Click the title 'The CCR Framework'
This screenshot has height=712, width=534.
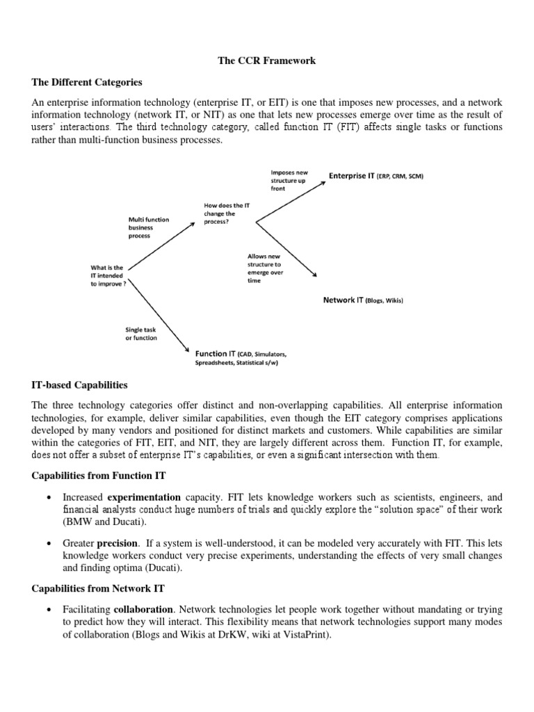click(x=267, y=60)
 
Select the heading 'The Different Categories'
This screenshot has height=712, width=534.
click(x=87, y=83)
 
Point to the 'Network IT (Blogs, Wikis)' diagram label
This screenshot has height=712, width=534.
click(x=363, y=300)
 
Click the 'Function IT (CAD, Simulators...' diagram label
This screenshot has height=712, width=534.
click(x=241, y=358)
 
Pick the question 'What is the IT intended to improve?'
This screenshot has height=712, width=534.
click(x=108, y=276)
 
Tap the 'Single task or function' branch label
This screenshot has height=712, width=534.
click(x=141, y=333)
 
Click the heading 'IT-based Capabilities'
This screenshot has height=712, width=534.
click(x=80, y=385)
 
